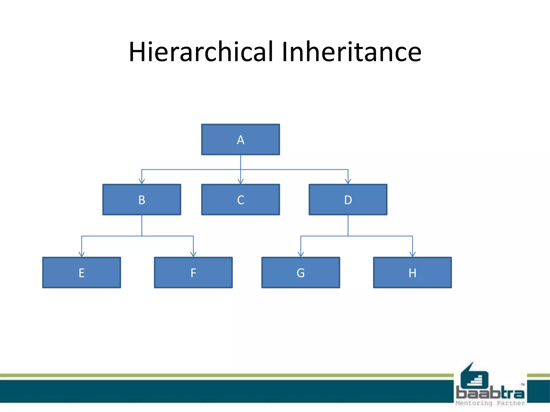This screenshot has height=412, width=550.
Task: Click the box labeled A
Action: click(240, 139)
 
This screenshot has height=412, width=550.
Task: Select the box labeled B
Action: click(142, 200)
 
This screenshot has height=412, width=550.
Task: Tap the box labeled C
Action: click(240, 200)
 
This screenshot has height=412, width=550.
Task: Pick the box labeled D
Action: click(348, 200)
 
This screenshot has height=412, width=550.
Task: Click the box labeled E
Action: click(81, 273)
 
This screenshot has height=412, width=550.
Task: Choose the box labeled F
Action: click(193, 273)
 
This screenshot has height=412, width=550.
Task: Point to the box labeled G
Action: click(301, 273)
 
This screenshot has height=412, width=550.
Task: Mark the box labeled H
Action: click(412, 273)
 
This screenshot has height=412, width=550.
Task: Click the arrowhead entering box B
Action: click(142, 182)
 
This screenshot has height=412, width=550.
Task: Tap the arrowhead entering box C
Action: click(241, 182)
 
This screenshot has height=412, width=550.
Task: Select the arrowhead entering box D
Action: click(348, 182)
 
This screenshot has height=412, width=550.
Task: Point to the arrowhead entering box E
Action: click(82, 255)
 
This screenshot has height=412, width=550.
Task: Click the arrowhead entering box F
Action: click(193, 255)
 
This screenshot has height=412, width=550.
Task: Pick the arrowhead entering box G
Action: click(301, 255)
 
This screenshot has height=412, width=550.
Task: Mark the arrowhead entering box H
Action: click(412, 255)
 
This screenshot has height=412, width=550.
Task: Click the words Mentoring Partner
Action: click(490, 403)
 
